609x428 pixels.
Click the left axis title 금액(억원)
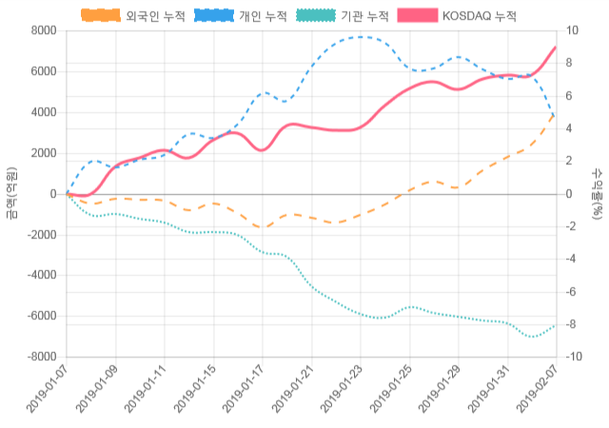click(11, 193)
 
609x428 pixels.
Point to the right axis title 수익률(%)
click(597, 193)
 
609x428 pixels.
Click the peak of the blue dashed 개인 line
click(363, 37)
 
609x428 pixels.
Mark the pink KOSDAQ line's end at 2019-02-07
click(556, 47)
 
